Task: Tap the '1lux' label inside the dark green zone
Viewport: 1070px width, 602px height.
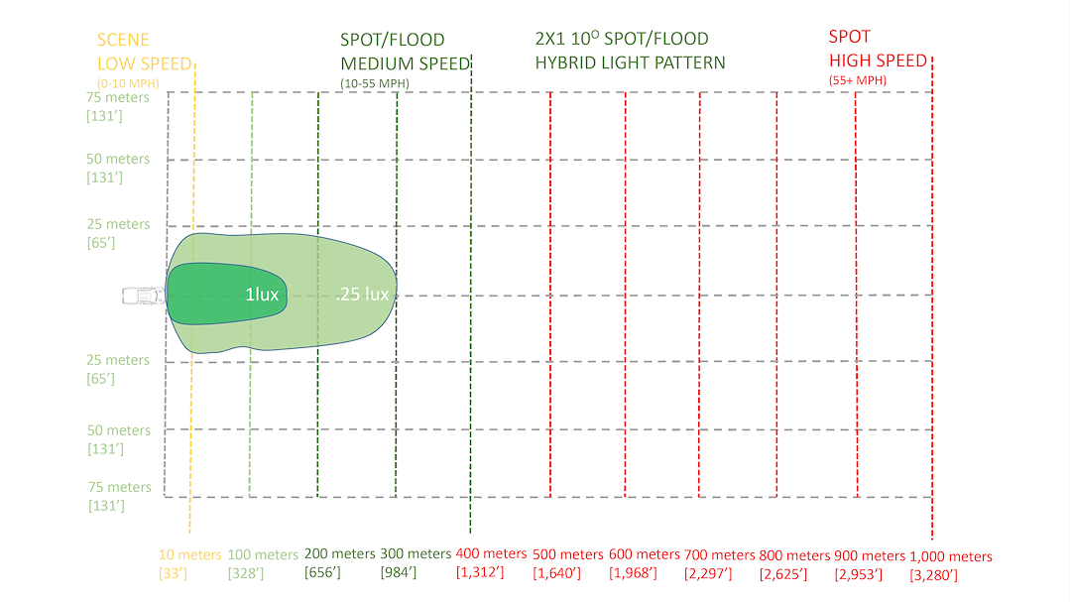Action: (x=262, y=295)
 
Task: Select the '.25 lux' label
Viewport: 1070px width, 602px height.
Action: (x=362, y=295)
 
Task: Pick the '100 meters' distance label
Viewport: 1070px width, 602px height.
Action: (x=263, y=554)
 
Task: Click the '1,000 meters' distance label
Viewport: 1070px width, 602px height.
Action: (x=950, y=556)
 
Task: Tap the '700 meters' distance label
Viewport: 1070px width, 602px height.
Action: (x=720, y=554)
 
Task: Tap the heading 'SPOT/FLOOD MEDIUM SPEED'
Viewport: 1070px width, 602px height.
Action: (x=405, y=52)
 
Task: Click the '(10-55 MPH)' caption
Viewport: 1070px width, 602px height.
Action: (x=374, y=82)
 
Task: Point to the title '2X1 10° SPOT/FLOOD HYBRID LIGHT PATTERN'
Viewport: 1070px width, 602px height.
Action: (x=630, y=51)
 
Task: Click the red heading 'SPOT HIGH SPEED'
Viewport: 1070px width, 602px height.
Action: (x=878, y=49)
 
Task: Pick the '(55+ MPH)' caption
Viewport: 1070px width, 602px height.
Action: (x=857, y=79)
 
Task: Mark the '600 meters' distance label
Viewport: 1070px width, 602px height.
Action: (x=645, y=554)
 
